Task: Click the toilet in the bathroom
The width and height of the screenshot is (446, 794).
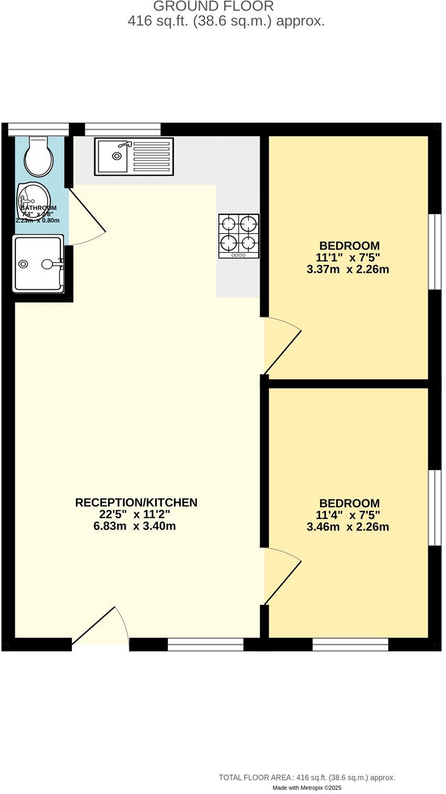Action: pos(40,157)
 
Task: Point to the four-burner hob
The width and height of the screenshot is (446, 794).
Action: pos(239,236)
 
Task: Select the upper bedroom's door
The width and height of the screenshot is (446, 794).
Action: pos(282,347)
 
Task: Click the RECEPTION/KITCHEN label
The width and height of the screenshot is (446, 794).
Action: pos(136,503)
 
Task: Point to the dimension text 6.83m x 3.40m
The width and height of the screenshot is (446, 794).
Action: pos(135,526)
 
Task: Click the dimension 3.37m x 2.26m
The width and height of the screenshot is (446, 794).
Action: pos(348,269)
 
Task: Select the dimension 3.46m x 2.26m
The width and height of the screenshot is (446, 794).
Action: pos(348,527)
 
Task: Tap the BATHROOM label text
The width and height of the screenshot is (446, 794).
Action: pos(38,208)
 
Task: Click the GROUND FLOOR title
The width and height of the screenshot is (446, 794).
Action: pos(214,7)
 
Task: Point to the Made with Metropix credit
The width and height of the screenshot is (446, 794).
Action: pos(307,788)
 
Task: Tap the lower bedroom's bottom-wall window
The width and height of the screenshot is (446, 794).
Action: pos(350,644)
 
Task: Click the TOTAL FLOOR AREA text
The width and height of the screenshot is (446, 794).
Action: pos(307,777)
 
